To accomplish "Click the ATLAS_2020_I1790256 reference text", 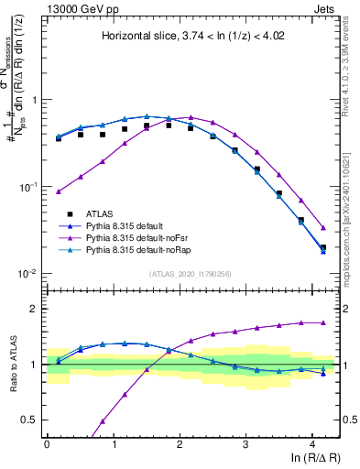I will click(x=191, y=274).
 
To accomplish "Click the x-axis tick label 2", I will click(x=180, y=442).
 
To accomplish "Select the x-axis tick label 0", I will click(x=47, y=442).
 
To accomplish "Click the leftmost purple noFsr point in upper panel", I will click(x=59, y=191).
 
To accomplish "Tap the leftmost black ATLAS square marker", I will click(x=59, y=138).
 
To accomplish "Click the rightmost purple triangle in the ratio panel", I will click(x=323, y=322).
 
